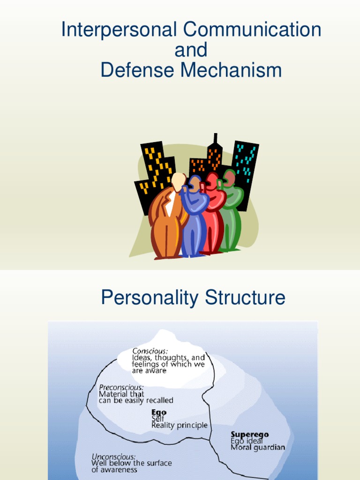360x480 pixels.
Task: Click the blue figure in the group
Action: tap(194, 220)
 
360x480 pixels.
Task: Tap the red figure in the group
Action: tap(213, 216)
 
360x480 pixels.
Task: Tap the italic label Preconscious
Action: tap(121, 388)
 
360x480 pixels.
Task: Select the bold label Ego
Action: tap(158, 412)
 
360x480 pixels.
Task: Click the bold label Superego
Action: tap(250, 435)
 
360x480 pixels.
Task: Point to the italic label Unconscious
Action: tap(114, 456)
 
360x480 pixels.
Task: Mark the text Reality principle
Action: tap(179, 426)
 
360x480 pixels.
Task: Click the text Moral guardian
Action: tap(257, 447)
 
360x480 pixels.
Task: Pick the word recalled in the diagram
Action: tap(160, 400)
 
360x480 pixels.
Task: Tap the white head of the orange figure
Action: tap(179, 181)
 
